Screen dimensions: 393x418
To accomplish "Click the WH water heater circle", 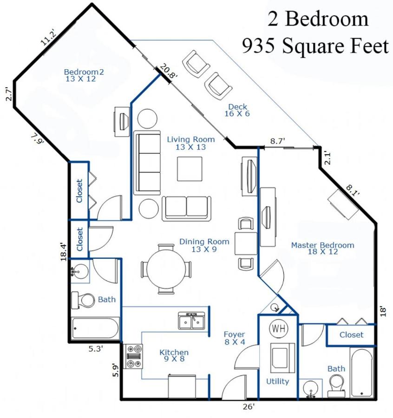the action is click(279, 328).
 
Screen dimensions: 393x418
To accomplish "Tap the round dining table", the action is click(166, 269).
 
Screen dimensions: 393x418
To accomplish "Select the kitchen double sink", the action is click(192, 320).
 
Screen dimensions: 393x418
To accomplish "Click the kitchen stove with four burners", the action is click(134, 356).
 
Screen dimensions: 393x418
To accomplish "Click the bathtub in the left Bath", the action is click(95, 328).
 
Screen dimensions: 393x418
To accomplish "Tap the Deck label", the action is click(237, 110).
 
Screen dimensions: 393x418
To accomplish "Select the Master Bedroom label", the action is click(322, 248).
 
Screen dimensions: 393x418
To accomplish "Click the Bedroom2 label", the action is click(84, 75).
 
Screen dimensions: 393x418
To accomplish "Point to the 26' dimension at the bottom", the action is click(249, 407).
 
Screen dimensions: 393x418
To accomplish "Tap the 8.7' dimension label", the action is click(277, 141).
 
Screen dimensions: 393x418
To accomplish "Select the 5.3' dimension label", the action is click(96, 349).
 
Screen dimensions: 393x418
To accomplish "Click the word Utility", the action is click(277, 382).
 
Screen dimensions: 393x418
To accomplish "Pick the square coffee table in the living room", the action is click(190, 169).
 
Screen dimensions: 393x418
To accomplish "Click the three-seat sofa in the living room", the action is click(147, 163).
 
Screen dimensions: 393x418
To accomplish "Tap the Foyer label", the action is click(235, 338).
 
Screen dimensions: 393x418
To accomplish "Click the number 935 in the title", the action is click(258, 46).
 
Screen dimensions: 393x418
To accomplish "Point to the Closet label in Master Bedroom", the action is click(351, 335).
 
